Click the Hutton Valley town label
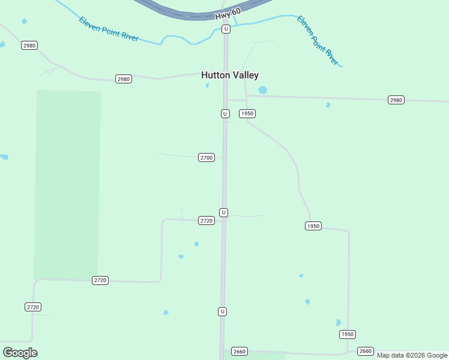(x=230, y=75)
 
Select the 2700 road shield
(x=206, y=157)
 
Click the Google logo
(x=20, y=353)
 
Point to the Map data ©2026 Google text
(x=412, y=355)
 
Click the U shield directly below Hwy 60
(x=226, y=29)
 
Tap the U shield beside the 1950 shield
(x=225, y=113)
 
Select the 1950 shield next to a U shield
(x=247, y=113)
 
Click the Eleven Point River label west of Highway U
(x=109, y=29)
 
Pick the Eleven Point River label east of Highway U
(x=318, y=40)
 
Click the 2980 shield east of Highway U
(x=396, y=100)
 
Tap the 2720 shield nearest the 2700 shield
(x=206, y=221)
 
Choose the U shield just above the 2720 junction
(x=223, y=212)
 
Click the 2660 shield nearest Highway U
(x=240, y=351)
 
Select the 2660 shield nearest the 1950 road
(x=366, y=351)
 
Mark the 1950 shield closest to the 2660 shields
(x=347, y=334)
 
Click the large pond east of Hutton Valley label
(x=262, y=90)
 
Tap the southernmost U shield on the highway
(x=222, y=311)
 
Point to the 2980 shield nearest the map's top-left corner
(x=29, y=46)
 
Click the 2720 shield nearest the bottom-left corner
(x=33, y=307)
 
